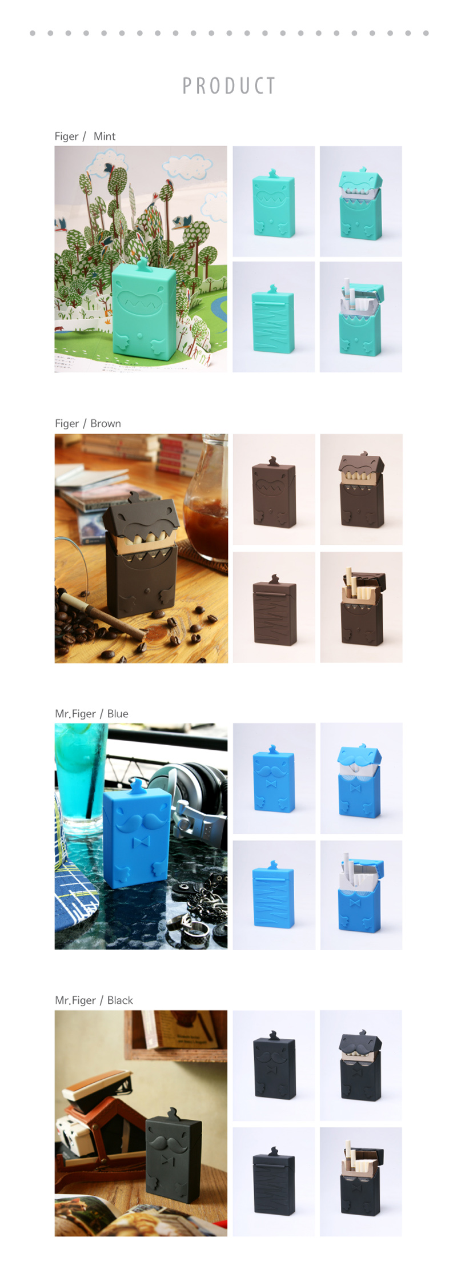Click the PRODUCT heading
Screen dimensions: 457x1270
pyautogui.click(x=229, y=86)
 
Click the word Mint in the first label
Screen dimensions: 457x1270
pyautogui.click(x=105, y=136)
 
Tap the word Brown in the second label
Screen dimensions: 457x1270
pyautogui.click(x=106, y=423)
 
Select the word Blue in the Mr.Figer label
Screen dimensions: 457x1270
pyautogui.click(x=118, y=713)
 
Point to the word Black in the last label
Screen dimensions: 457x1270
pyautogui.click(x=120, y=1000)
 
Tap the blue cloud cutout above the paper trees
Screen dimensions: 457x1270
pyautogui.click(x=187, y=166)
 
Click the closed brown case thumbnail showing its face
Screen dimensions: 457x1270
pyautogui.click(x=274, y=491)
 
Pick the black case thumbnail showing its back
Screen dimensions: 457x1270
pyautogui.click(x=274, y=1182)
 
